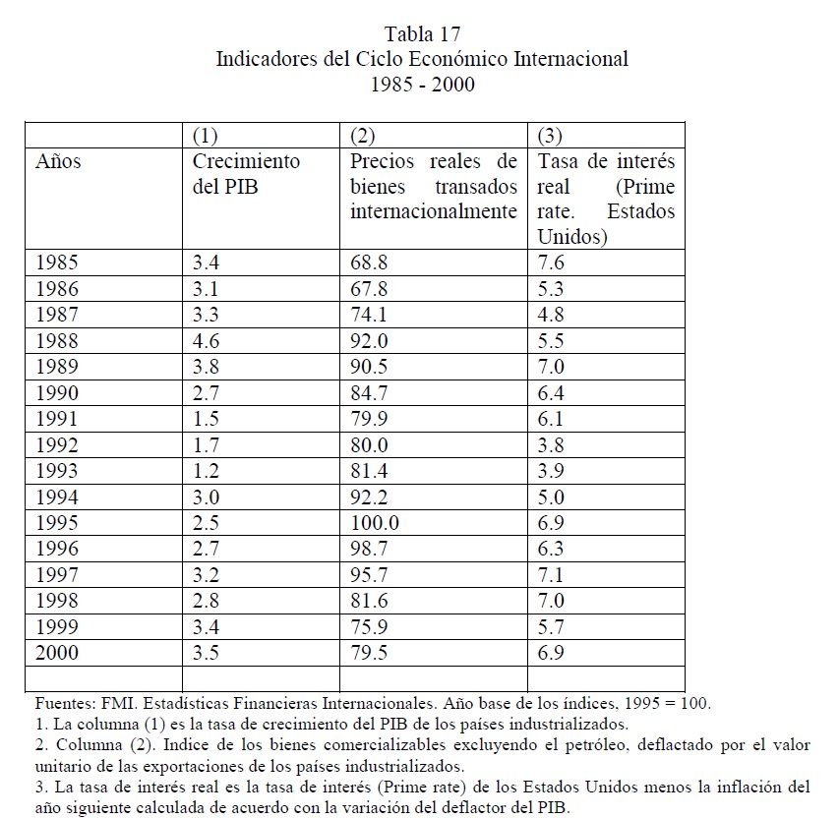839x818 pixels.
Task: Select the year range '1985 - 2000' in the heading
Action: coord(421,85)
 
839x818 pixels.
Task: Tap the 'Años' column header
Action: coord(58,161)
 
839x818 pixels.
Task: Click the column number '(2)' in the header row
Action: coord(363,135)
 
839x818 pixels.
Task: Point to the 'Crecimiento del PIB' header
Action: coord(246,173)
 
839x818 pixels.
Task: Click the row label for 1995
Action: coord(57,524)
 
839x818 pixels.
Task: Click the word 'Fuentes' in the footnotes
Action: coord(64,704)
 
